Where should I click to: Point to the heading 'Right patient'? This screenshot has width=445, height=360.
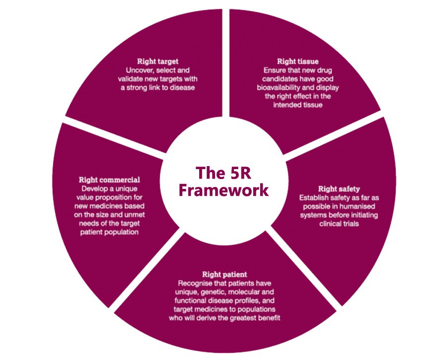[224, 274]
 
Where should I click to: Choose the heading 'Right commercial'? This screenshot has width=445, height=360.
[110, 180]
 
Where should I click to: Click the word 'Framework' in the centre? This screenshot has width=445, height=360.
[224, 190]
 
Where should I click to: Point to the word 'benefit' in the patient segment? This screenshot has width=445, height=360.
[269, 318]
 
